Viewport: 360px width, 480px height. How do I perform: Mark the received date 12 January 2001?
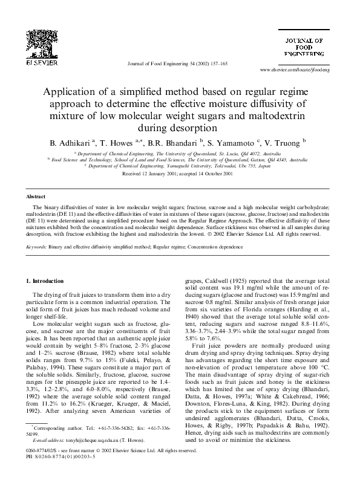tap(151, 174)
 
